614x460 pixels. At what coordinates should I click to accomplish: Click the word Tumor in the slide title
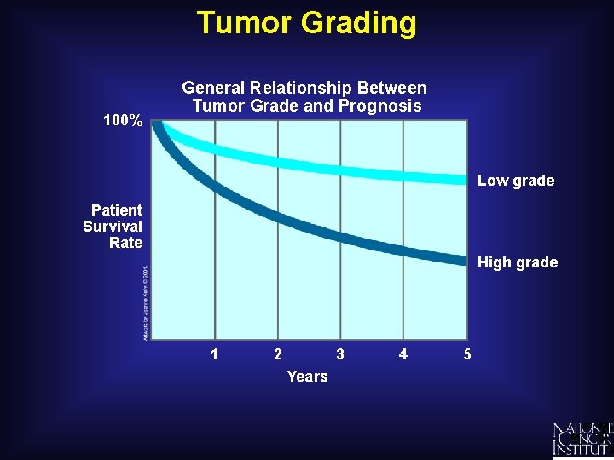(x=242, y=22)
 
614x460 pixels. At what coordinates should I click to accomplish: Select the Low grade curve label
(x=515, y=181)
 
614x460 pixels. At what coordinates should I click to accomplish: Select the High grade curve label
(x=517, y=262)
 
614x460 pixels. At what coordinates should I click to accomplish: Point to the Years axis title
(x=307, y=377)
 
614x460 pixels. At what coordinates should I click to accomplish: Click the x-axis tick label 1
(x=214, y=354)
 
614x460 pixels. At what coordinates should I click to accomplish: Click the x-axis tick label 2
(x=277, y=354)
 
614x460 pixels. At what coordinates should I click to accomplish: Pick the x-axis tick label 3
(x=340, y=354)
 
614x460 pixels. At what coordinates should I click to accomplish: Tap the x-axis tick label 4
(x=403, y=354)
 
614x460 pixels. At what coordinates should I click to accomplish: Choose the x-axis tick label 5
(x=466, y=354)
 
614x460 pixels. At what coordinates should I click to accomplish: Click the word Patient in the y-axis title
(x=117, y=210)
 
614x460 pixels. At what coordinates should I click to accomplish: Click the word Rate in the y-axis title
(x=125, y=243)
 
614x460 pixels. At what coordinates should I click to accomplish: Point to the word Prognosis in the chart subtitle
(x=378, y=106)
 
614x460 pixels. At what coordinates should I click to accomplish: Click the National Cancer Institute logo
(x=582, y=439)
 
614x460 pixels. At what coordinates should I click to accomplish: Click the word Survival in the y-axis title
(x=113, y=227)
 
